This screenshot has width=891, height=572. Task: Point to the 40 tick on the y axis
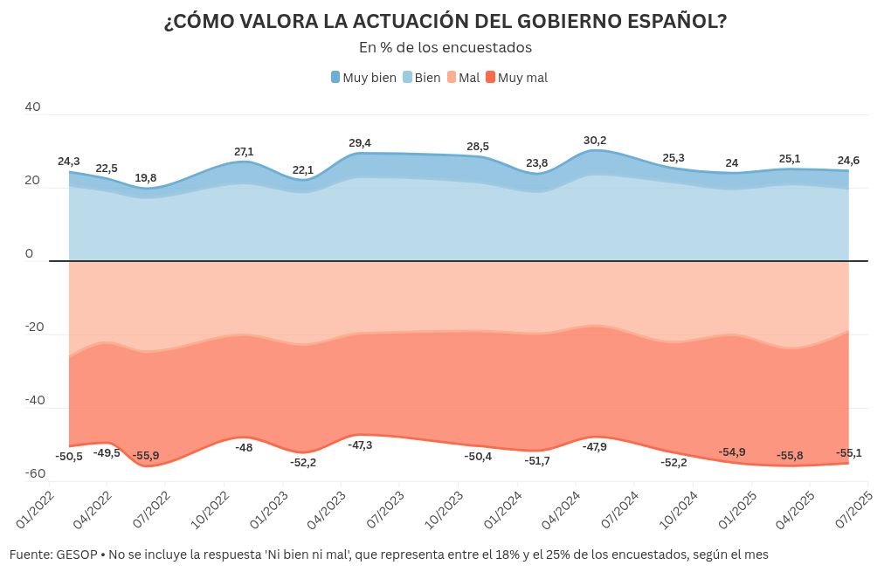pos(32,107)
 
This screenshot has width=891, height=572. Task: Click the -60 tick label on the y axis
pos(35,473)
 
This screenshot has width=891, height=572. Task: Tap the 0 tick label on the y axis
pos(29,253)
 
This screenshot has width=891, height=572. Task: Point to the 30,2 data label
pos(595,140)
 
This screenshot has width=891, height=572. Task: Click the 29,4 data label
pos(360,142)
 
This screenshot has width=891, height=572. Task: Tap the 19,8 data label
pos(146,177)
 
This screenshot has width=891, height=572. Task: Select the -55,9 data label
pos(146,455)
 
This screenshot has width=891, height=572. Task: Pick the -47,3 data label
pos(360,445)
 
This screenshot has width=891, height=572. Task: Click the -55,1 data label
pos(847,452)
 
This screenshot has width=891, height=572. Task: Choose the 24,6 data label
pos(847,160)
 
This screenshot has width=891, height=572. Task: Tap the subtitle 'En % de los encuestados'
pos(445,47)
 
